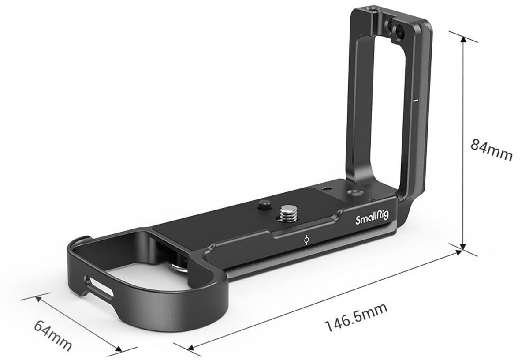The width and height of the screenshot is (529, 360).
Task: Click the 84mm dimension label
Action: click(491, 150)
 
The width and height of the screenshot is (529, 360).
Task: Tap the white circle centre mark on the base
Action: click(307, 240)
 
